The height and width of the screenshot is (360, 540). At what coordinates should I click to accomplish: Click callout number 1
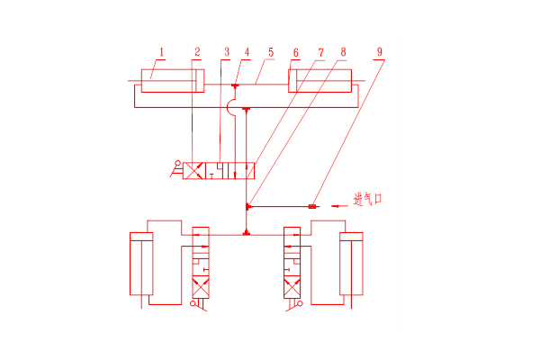pos(161,52)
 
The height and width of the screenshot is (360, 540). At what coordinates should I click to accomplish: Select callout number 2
pos(197,52)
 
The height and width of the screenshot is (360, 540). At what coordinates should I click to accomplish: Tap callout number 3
pos(227,52)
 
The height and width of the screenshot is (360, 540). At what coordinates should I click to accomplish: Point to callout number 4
pos(247,52)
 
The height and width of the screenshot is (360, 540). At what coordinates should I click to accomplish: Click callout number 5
pos(271,52)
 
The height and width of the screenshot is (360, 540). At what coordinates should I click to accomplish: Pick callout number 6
pos(296,52)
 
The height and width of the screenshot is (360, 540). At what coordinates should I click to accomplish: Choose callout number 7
pos(321,52)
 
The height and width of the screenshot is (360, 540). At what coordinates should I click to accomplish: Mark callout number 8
pos(344,52)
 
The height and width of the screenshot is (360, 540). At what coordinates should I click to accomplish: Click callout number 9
pos(380,52)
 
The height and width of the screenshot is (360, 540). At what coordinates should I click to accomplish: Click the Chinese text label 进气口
pos(368,199)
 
